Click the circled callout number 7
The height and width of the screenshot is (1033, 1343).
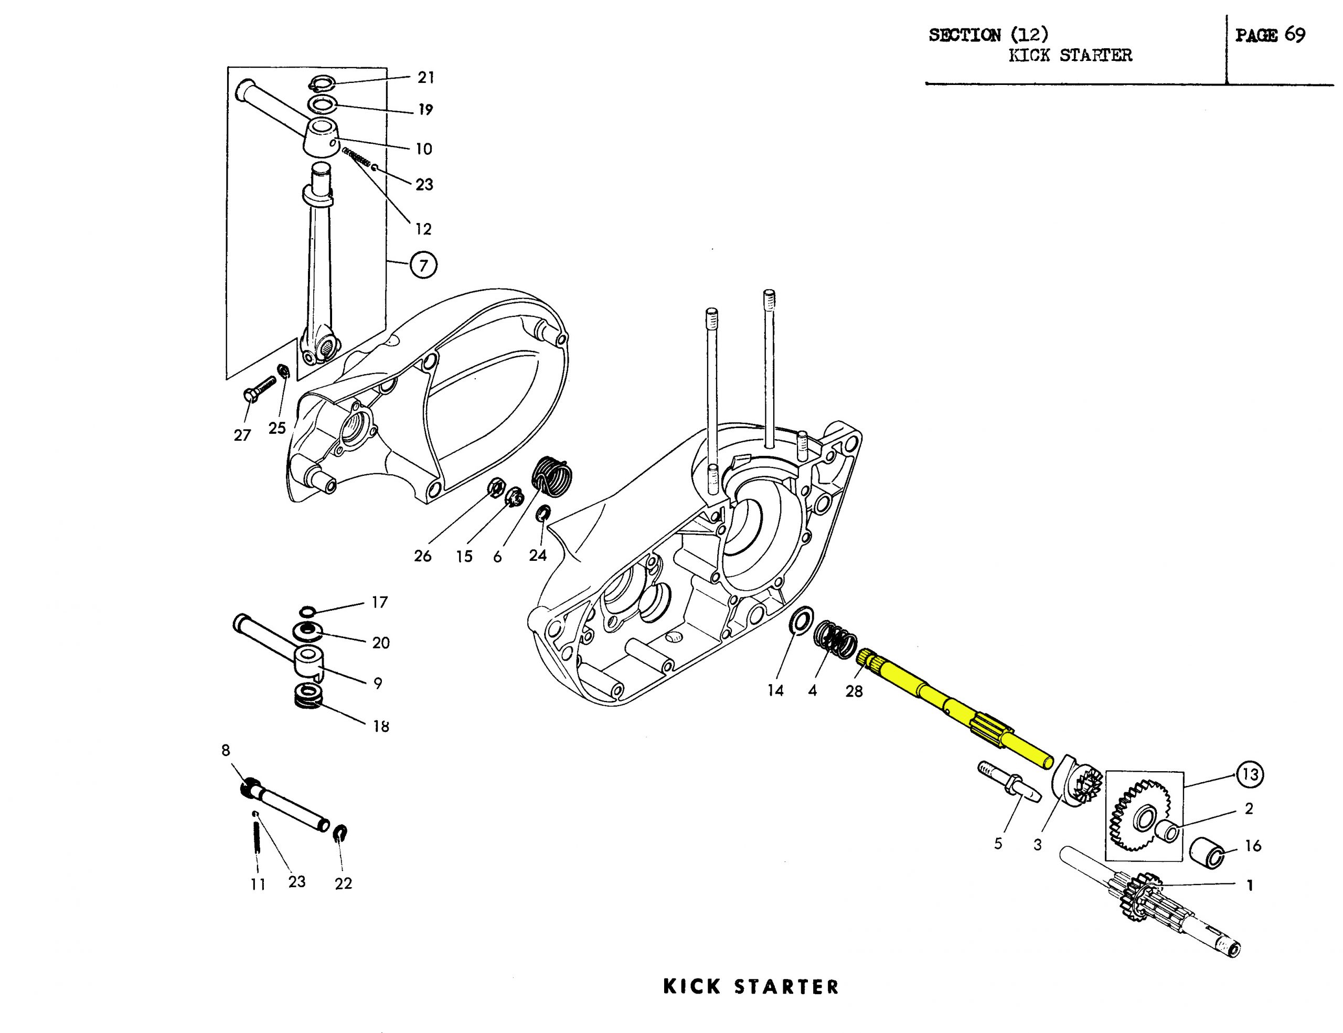(x=423, y=265)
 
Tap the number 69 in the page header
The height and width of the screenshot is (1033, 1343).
(x=1294, y=35)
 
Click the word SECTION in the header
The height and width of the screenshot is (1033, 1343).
(x=964, y=35)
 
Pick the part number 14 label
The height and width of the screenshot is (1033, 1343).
(x=775, y=691)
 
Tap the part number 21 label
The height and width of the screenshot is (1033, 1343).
(x=426, y=78)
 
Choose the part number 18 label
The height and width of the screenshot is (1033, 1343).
(x=381, y=726)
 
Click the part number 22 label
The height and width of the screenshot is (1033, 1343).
(x=343, y=883)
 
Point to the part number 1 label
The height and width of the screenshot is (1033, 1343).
(x=1250, y=886)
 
